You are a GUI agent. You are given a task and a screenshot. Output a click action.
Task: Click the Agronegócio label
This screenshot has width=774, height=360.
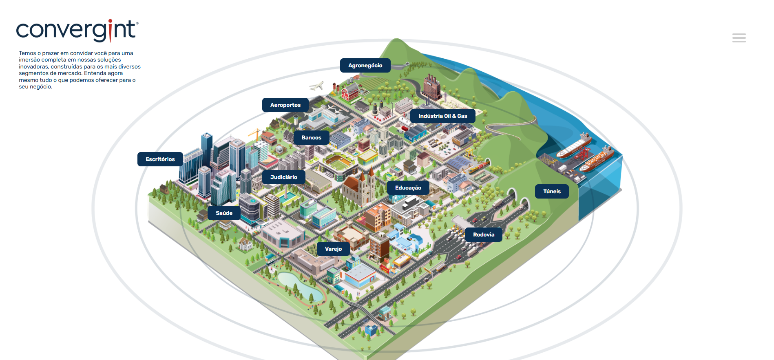[365, 65]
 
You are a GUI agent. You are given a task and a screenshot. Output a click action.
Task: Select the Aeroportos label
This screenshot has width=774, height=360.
[285, 105]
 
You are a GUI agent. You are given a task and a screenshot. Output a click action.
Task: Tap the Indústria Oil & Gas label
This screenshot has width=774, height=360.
[442, 116]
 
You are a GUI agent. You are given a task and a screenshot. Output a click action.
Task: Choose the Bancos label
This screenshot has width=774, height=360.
[311, 137]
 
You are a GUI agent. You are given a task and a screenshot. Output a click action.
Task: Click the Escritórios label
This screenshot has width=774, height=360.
[160, 159]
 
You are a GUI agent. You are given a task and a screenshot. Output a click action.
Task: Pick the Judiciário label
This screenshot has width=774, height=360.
[283, 177]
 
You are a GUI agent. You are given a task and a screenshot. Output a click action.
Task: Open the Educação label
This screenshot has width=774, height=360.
[408, 188]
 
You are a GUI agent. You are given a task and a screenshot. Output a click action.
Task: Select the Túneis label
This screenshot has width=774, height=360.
[552, 191]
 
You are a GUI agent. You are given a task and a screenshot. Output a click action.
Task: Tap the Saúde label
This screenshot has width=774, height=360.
[224, 213]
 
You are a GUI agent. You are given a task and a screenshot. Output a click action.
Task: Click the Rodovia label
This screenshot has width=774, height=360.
[484, 234]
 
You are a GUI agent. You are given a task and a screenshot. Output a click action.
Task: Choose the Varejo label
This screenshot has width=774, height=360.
[333, 249]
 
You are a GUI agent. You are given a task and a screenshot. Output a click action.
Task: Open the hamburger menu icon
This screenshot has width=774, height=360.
[739, 38]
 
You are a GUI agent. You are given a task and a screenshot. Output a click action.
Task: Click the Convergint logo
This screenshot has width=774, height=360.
[77, 30]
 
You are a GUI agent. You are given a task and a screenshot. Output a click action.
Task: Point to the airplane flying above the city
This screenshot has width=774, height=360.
[316, 86]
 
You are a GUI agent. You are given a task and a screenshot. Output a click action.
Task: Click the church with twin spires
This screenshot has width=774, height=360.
[359, 187]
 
